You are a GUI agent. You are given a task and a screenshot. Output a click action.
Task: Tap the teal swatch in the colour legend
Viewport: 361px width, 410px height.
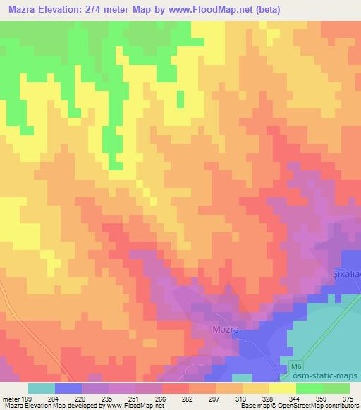point(42,388)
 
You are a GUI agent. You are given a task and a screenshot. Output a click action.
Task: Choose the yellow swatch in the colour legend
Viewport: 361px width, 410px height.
point(282,388)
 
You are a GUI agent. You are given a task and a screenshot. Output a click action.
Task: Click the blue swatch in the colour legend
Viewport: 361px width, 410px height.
point(68,388)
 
